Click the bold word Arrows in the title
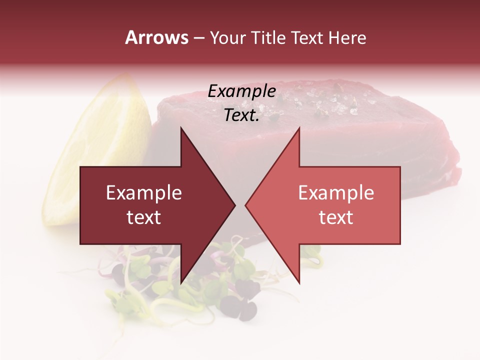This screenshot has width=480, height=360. tap(157, 37)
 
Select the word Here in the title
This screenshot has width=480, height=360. tap(347, 38)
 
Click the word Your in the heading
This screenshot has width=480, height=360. tap(227, 38)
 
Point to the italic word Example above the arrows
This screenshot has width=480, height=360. tap(241, 91)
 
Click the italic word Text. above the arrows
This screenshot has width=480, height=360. tap(241, 115)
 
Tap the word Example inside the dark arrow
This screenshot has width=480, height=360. tap(144, 193)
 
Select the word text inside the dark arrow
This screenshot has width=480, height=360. tap(144, 217)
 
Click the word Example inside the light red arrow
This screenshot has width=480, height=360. tap(336, 193)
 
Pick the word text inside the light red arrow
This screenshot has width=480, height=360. tap(336, 217)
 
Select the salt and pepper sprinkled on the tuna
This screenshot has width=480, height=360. tap(325, 100)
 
